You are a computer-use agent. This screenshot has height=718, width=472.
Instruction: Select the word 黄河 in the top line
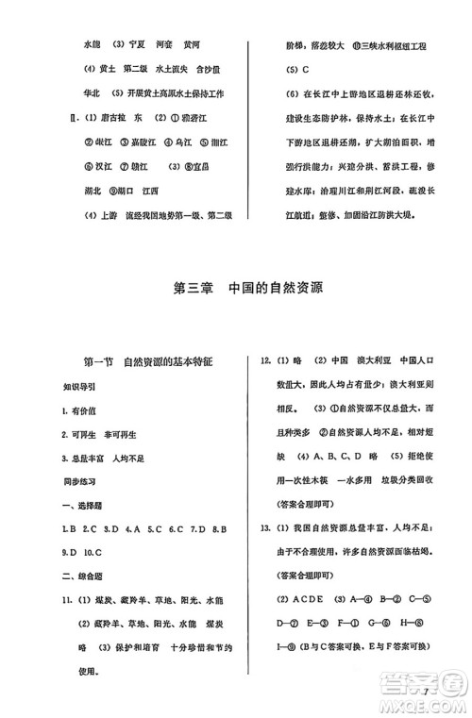click(193, 44)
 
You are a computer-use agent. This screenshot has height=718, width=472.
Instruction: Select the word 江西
click(174, 191)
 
